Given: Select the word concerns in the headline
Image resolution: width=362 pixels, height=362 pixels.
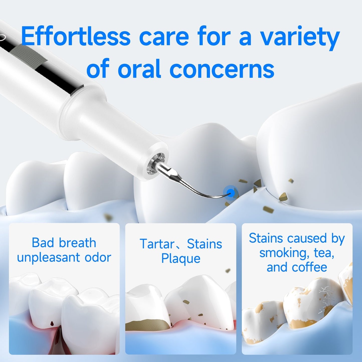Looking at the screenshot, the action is pyautogui.click(x=222, y=68).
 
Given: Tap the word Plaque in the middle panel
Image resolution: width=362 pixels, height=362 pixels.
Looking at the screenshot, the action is pyautogui.click(x=181, y=259).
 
